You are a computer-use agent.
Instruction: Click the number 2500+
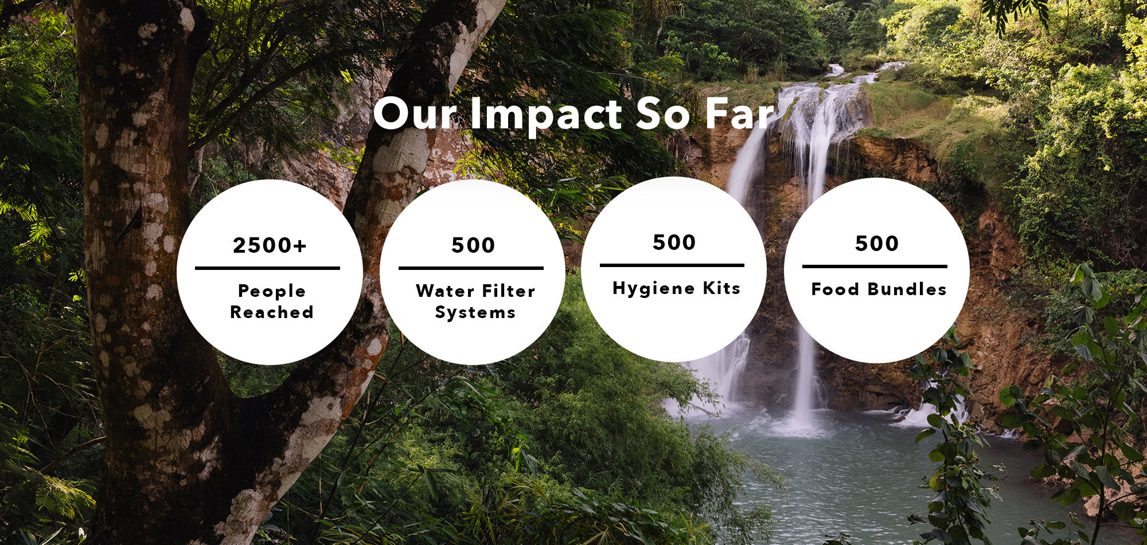coord(270,245)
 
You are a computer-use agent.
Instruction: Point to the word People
coord(272,291)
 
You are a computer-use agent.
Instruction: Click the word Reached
coord(272,312)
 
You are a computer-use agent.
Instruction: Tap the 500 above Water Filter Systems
coord(473,245)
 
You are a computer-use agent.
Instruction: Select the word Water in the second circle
coord(444,291)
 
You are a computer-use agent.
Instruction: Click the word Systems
coord(475,312)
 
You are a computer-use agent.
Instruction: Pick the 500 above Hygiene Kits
coord(674,242)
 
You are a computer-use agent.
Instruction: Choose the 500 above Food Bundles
coord(877,244)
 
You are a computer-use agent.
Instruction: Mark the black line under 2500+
coord(267,268)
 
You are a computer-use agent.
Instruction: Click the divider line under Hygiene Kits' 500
coord(672,265)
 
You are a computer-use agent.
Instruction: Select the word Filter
coord(508,291)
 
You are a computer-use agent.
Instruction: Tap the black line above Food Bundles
coord(875,266)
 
